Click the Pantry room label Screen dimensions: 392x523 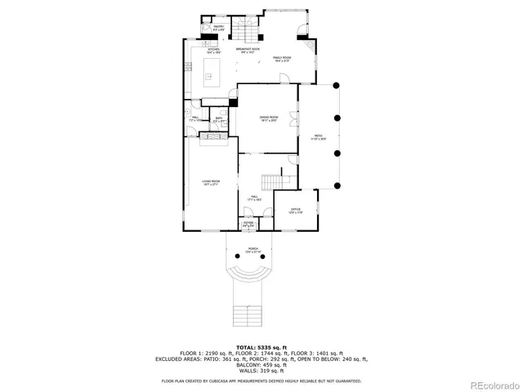(218, 29)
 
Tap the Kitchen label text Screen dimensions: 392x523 (214, 51)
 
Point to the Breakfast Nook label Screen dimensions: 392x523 (248, 51)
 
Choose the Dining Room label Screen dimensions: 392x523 (269, 119)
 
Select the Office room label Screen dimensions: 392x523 (296, 212)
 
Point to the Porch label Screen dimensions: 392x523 (253, 250)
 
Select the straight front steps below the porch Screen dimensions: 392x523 (246, 314)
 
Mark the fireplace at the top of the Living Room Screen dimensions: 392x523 (217, 139)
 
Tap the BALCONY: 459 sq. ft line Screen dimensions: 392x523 (261, 364)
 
